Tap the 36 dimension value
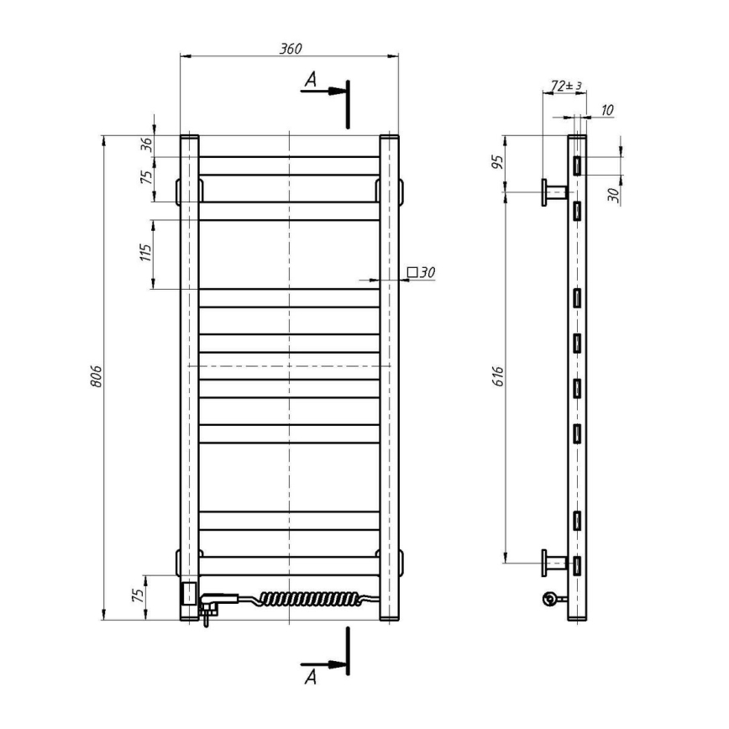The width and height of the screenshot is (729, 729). pos(147,144)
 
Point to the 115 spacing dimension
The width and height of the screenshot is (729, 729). pos(146,254)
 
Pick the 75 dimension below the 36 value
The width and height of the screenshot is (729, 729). pos(147,178)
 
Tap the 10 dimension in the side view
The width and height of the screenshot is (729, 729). pos(607,110)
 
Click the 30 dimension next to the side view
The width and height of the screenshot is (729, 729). pos(613,196)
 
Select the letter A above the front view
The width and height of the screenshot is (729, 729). pos(310,80)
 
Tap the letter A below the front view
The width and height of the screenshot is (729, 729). pos(310,673)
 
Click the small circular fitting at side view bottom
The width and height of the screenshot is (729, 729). pos(550,598)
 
